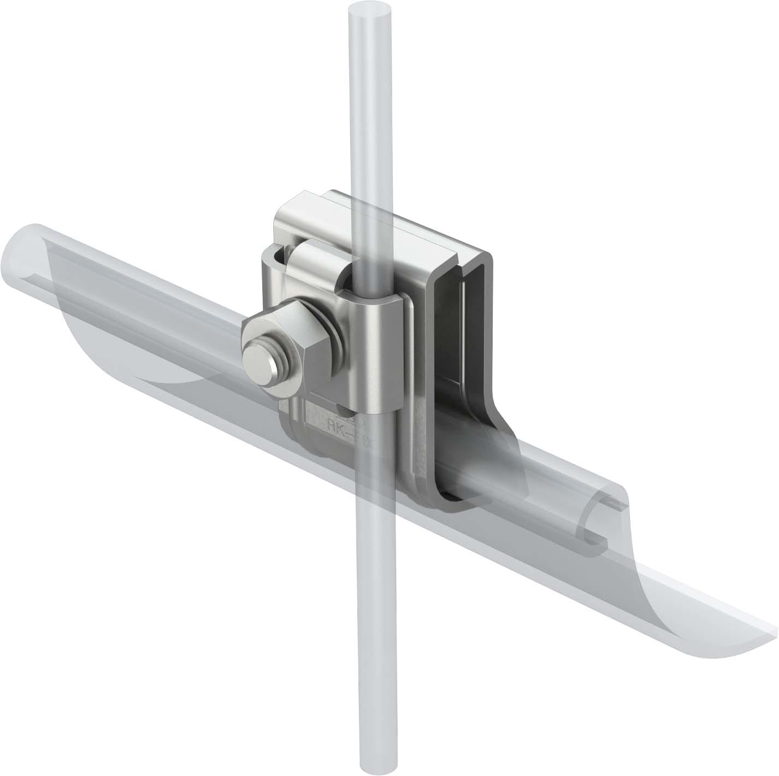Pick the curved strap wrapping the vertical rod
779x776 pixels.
(377, 355)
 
